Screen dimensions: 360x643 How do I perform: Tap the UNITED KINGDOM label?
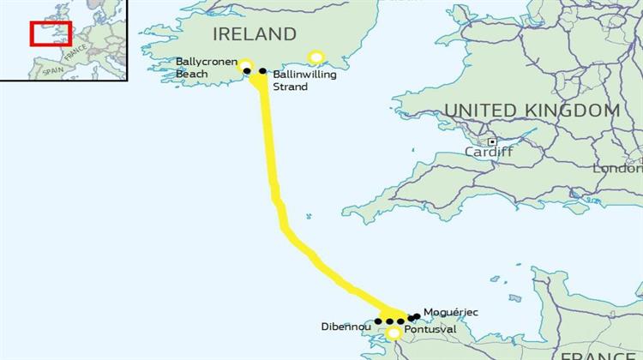532,111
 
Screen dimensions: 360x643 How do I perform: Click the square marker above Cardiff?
492,141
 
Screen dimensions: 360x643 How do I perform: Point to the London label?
617,169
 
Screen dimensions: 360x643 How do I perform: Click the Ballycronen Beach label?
203,68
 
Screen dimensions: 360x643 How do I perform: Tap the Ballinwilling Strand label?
304,81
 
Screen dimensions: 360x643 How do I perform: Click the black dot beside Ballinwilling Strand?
262,71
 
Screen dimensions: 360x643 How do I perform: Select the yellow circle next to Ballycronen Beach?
245,64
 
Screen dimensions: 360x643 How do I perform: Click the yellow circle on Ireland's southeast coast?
316,57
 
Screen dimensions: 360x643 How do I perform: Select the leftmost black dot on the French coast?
378,321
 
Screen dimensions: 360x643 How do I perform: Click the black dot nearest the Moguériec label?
417,316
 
